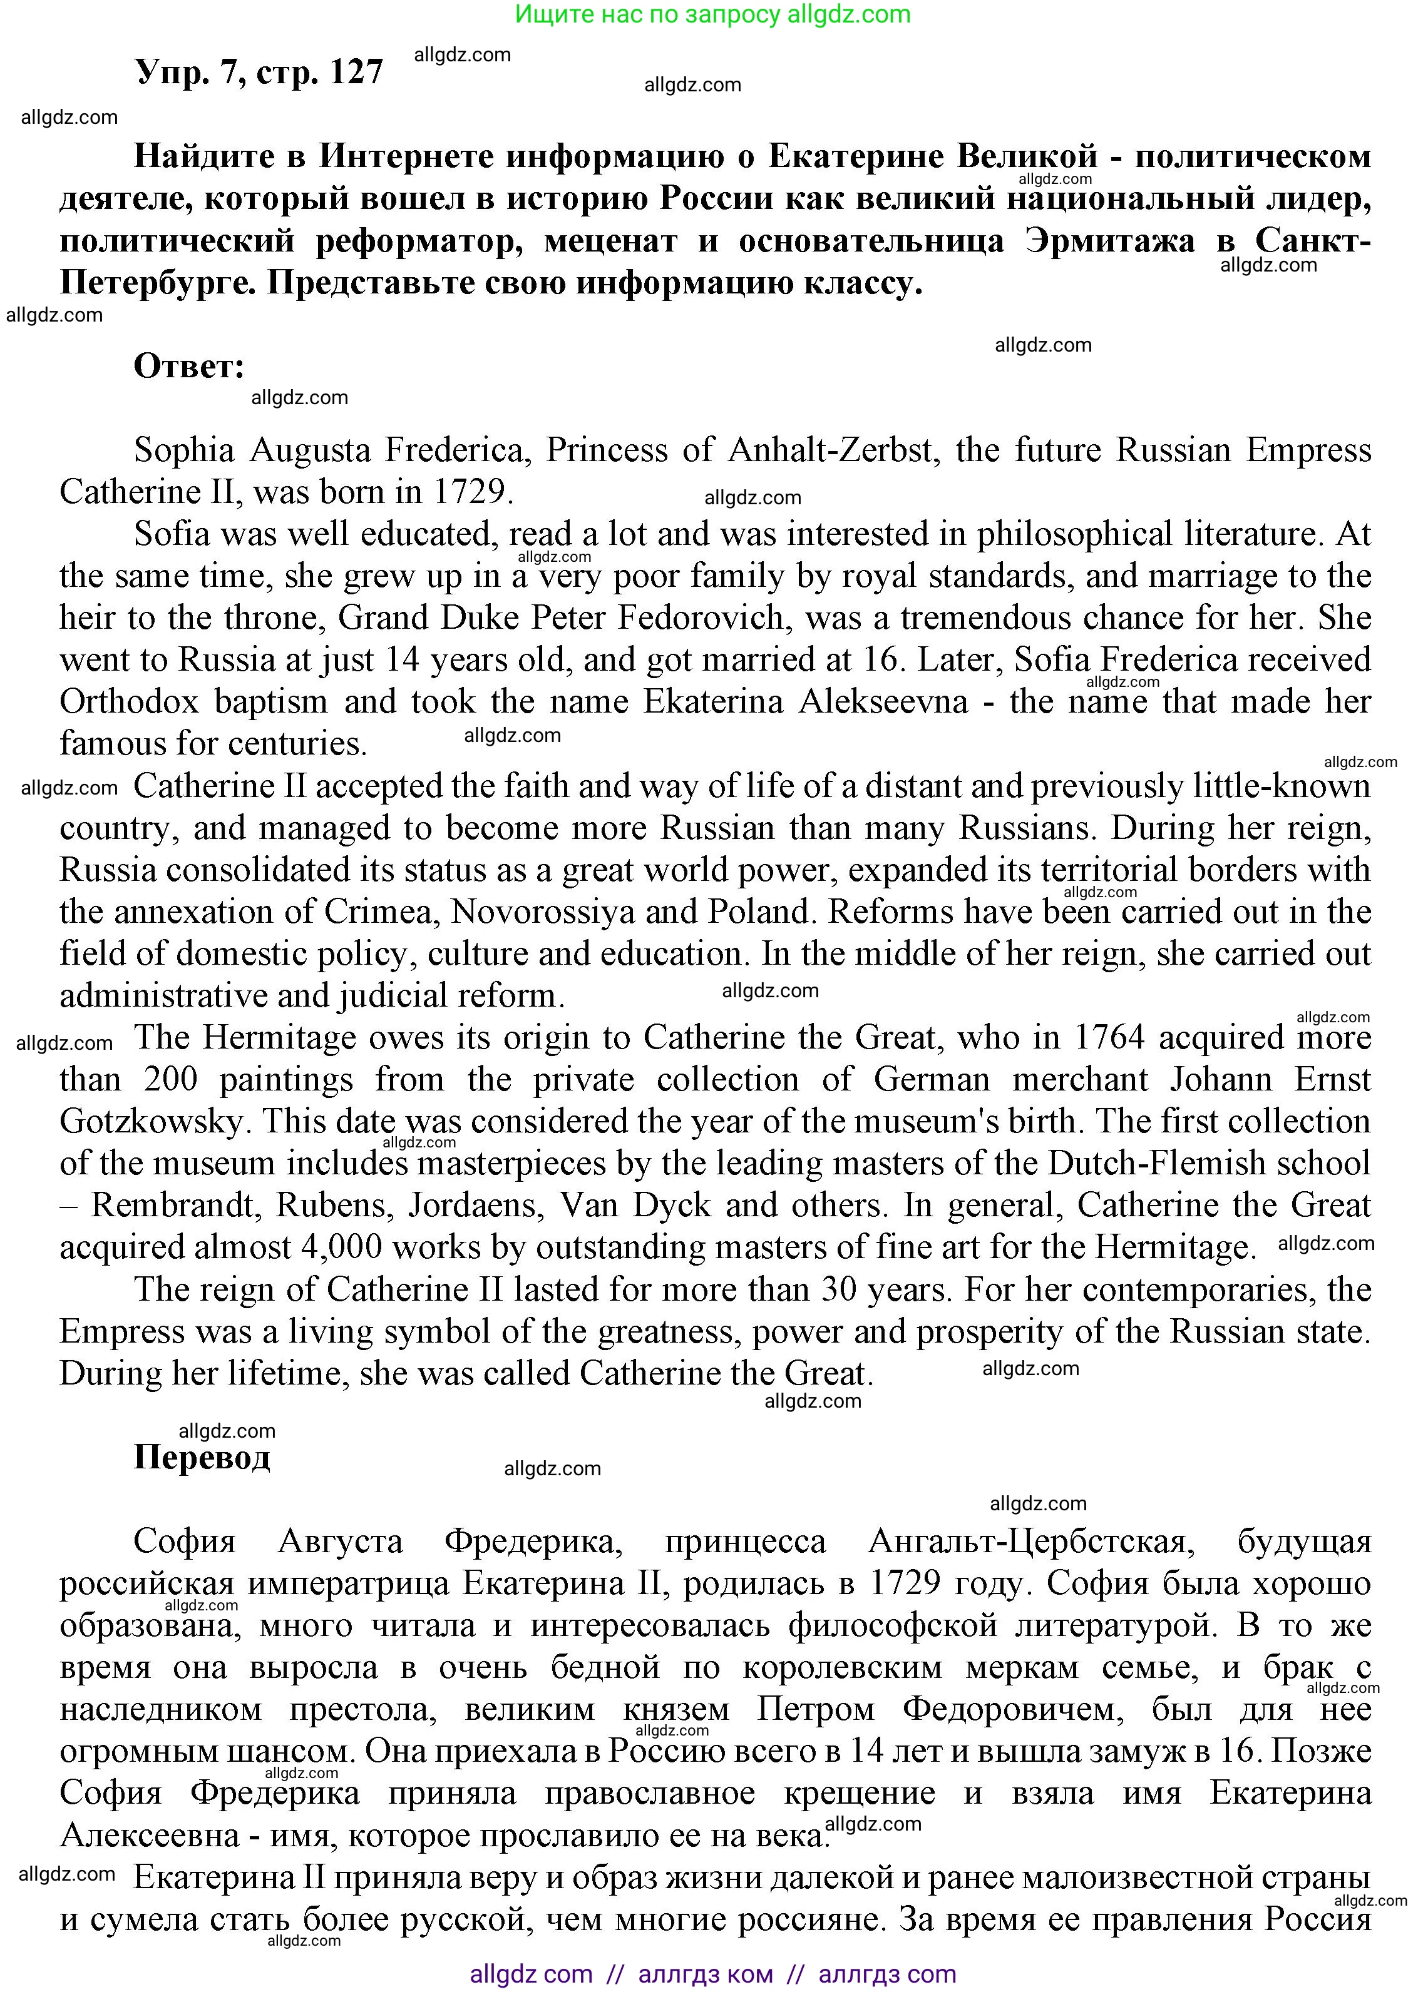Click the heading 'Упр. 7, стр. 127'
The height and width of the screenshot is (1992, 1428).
(259, 72)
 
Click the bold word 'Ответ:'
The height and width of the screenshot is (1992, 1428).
(189, 366)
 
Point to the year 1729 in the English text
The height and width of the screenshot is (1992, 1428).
(471, 492)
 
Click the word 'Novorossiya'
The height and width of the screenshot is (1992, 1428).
(542, 912)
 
